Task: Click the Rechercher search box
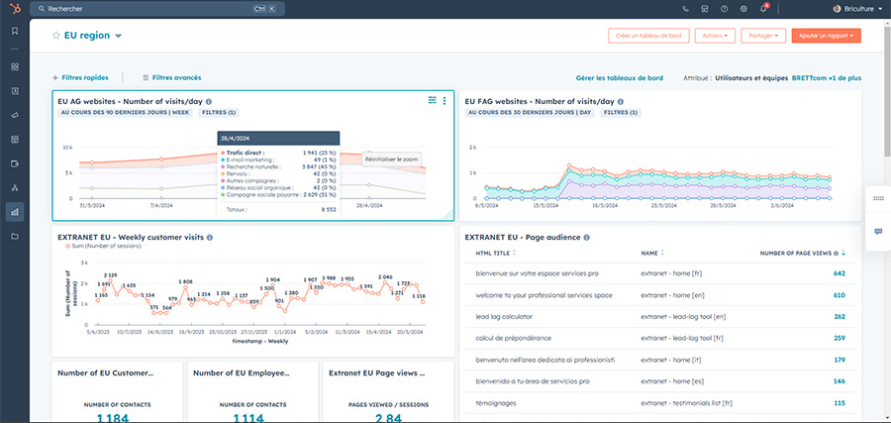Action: [x=148, y=8]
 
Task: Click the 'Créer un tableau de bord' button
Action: [x=647, y=36]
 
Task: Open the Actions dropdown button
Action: [x=715, y=36]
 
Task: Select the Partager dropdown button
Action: [x=764, y=36]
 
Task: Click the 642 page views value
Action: [x=839, y=272]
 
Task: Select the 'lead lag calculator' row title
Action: [x=505, y=316]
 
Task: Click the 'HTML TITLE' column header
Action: [x=494, y=253]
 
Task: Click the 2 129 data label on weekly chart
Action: [x=109, y=274]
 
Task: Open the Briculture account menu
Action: [x=856, y=9]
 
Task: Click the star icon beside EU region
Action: [x=56, y=36]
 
